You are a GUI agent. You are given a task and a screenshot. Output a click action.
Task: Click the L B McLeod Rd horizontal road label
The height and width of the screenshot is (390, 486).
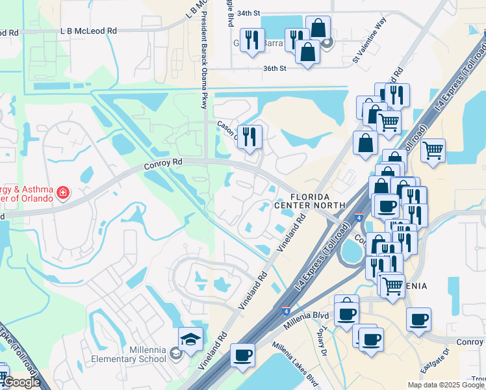[x=88, y=31]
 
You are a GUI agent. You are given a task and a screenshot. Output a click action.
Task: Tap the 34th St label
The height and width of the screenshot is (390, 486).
[x=248, y=13]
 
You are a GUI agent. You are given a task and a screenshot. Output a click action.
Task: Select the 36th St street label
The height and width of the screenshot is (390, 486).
[x=275, y=68]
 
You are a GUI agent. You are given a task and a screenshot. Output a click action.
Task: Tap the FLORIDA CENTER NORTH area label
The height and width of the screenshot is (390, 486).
[x=318, y=201]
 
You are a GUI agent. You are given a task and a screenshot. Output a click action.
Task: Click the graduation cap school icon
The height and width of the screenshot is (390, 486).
[x=191, y=339]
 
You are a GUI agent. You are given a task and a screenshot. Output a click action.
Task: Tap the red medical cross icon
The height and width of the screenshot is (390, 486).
[x=62, y=192]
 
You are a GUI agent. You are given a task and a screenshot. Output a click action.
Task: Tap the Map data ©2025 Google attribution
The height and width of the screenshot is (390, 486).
[x=446, y=385]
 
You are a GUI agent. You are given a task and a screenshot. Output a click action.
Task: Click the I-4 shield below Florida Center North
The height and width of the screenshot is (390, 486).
[x=359, y=219]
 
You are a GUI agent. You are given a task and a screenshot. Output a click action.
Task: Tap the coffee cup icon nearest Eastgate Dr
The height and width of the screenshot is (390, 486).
[x=419, y=319]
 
